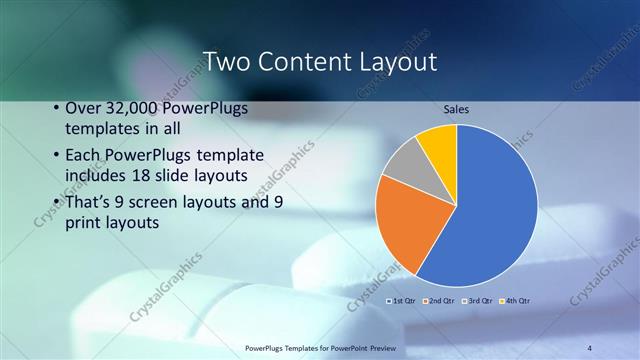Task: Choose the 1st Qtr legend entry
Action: click(x=402, y=300)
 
